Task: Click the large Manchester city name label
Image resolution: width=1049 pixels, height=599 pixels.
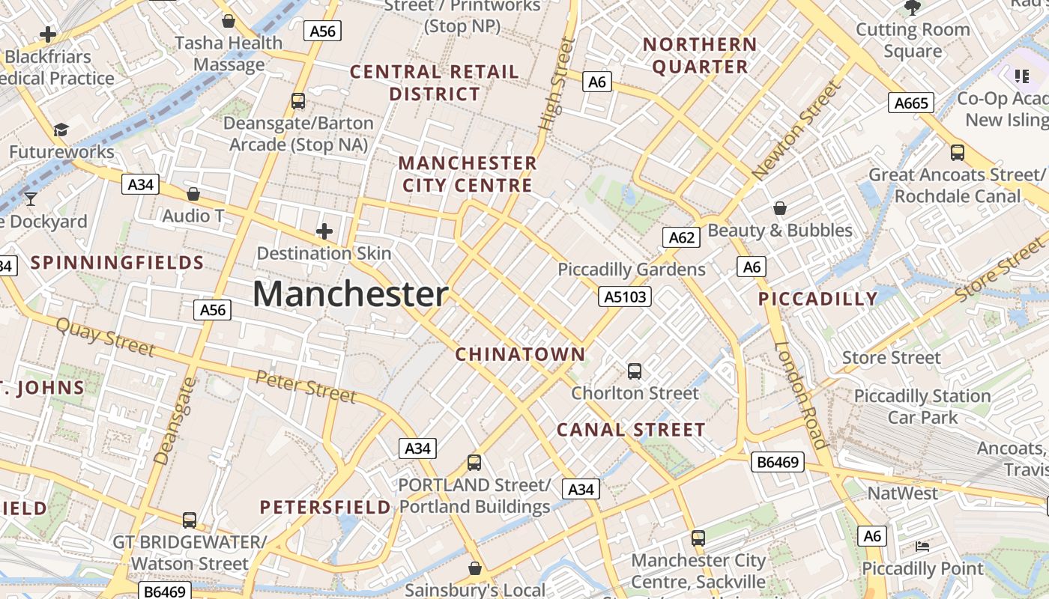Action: coord(350,294)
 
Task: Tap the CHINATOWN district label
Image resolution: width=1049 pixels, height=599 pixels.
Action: coord(520,354)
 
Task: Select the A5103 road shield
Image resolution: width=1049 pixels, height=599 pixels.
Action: coord(626,297)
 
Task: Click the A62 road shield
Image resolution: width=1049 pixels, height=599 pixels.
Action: coord(681,238)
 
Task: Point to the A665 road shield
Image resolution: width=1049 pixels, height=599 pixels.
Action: coord(911,103)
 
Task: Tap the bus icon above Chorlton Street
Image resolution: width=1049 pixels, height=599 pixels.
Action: coord(635,371)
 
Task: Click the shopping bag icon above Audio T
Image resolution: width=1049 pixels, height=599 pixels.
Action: coord(193,194)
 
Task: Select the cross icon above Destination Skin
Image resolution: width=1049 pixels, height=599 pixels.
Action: coord(324,231)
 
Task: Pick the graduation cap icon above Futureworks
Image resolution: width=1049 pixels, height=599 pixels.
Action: coord(61,130)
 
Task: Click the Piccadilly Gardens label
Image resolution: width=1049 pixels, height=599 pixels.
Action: coord(632,270)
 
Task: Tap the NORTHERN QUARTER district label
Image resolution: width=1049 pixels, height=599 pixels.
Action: coord(700,55)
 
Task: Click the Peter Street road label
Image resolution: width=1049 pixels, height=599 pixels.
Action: coord(306,386)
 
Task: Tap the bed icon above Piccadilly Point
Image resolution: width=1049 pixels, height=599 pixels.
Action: coord(922,547)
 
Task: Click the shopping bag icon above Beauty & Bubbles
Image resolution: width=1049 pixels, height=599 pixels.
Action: coord(780,207)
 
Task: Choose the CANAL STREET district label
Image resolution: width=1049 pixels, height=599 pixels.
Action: coord(631,430)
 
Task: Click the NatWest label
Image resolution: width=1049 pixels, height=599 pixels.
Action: coord(902,493)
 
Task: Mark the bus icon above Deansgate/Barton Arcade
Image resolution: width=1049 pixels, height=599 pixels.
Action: coord(298,100)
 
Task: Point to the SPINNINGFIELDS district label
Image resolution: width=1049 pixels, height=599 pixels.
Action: coord(118,263)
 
